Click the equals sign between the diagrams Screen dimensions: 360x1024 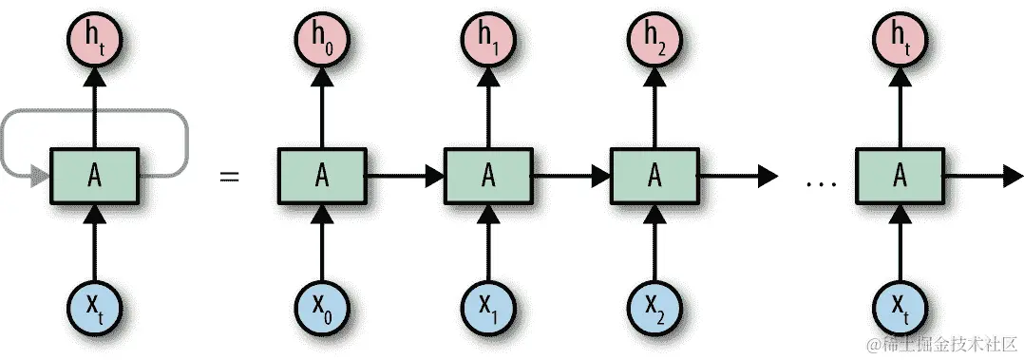[229, 176]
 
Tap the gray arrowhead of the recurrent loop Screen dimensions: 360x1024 [41, 176]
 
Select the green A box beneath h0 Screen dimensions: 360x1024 [322, 176]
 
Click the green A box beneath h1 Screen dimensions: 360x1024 [488, 176]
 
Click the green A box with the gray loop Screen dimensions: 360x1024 [94, 176]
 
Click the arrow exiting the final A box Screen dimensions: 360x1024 [978, 176]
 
